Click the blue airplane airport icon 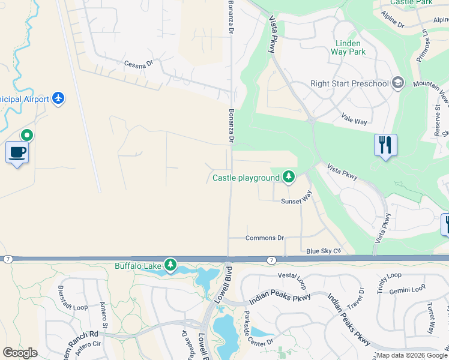pos(58,98)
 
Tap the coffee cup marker pos(17,152)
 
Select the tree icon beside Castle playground pos(289,176)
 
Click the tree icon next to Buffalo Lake pos(170,265)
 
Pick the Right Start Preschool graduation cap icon pos(397,83)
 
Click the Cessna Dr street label pos(139,63)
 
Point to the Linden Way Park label pos(348,47)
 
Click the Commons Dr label pos(264,238)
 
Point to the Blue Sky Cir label pos(323,250)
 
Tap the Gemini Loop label pos(407,290)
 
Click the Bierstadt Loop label pos(72,298)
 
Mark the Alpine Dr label pos(393,20)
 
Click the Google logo pos(20,353)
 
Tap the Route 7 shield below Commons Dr pos(271,259)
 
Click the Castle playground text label pos(246,178)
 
